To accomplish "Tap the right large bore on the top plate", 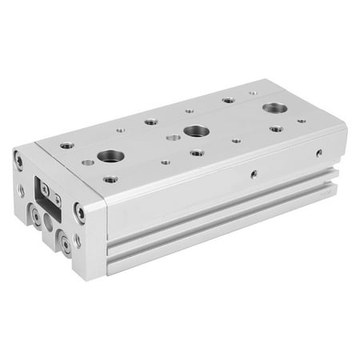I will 274,108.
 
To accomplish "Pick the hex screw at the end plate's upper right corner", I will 79,211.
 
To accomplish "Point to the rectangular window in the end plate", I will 44,193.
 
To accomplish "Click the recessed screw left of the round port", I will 36,214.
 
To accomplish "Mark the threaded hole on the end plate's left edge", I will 21,190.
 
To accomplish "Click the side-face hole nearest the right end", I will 319,152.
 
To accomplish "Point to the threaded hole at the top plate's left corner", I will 66,146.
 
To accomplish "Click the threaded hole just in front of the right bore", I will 275,128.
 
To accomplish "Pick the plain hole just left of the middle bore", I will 174,138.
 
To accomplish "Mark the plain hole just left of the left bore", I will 87,162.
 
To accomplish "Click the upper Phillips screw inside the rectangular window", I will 46,186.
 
